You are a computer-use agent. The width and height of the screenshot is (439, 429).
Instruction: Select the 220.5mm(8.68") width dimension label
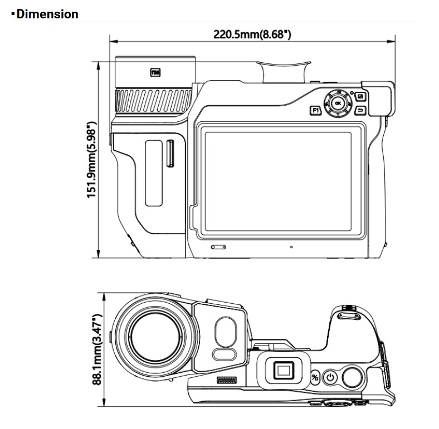coord(252,34)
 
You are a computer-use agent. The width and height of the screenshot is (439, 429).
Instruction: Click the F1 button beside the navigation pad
coord(315,110)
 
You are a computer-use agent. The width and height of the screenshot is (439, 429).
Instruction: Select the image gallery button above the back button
coord(360,96)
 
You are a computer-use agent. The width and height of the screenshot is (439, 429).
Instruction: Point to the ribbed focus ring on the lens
coord(153,101)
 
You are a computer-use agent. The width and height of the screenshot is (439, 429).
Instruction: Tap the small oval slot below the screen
coord(218,246)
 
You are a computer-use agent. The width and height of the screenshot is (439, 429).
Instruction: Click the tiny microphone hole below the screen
coord(291,245)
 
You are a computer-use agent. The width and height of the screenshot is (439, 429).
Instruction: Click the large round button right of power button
coord(352,377)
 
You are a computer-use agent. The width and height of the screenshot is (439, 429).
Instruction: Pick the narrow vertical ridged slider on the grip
coord(170,154)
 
